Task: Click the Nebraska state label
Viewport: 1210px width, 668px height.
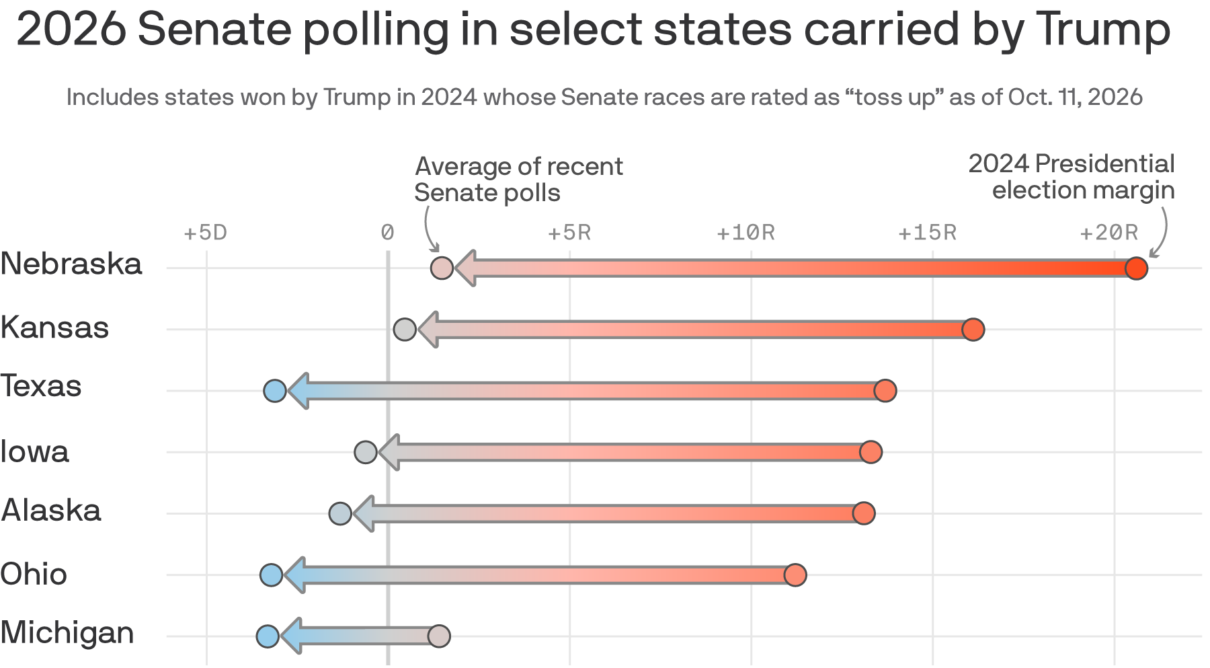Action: point(71,264)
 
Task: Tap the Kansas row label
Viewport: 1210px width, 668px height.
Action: point(54,327)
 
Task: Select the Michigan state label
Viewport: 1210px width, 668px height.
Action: point(67,633)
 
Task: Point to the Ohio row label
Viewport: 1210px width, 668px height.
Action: point(34,574)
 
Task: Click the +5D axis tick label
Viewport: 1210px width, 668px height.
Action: point(206,233)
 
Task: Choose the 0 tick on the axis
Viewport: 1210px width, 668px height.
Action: point(387,233)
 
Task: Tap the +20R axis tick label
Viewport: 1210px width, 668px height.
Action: point(1109,233)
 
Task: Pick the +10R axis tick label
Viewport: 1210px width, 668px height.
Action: point(745,233)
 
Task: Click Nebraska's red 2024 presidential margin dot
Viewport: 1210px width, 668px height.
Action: point(1136,268)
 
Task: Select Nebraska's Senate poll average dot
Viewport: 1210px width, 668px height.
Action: point(442,268)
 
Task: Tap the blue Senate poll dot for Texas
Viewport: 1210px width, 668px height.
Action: point(275,391)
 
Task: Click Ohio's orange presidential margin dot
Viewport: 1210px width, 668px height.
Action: point(795,575)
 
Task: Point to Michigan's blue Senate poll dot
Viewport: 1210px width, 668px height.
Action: point(268,636)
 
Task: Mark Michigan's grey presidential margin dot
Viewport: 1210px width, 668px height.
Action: point(439,636)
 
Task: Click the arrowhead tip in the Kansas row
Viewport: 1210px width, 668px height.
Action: point(418,330)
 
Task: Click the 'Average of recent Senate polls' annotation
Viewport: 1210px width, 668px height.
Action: point(518,180)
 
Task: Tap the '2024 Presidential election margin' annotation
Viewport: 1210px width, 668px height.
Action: point(1072,177)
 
